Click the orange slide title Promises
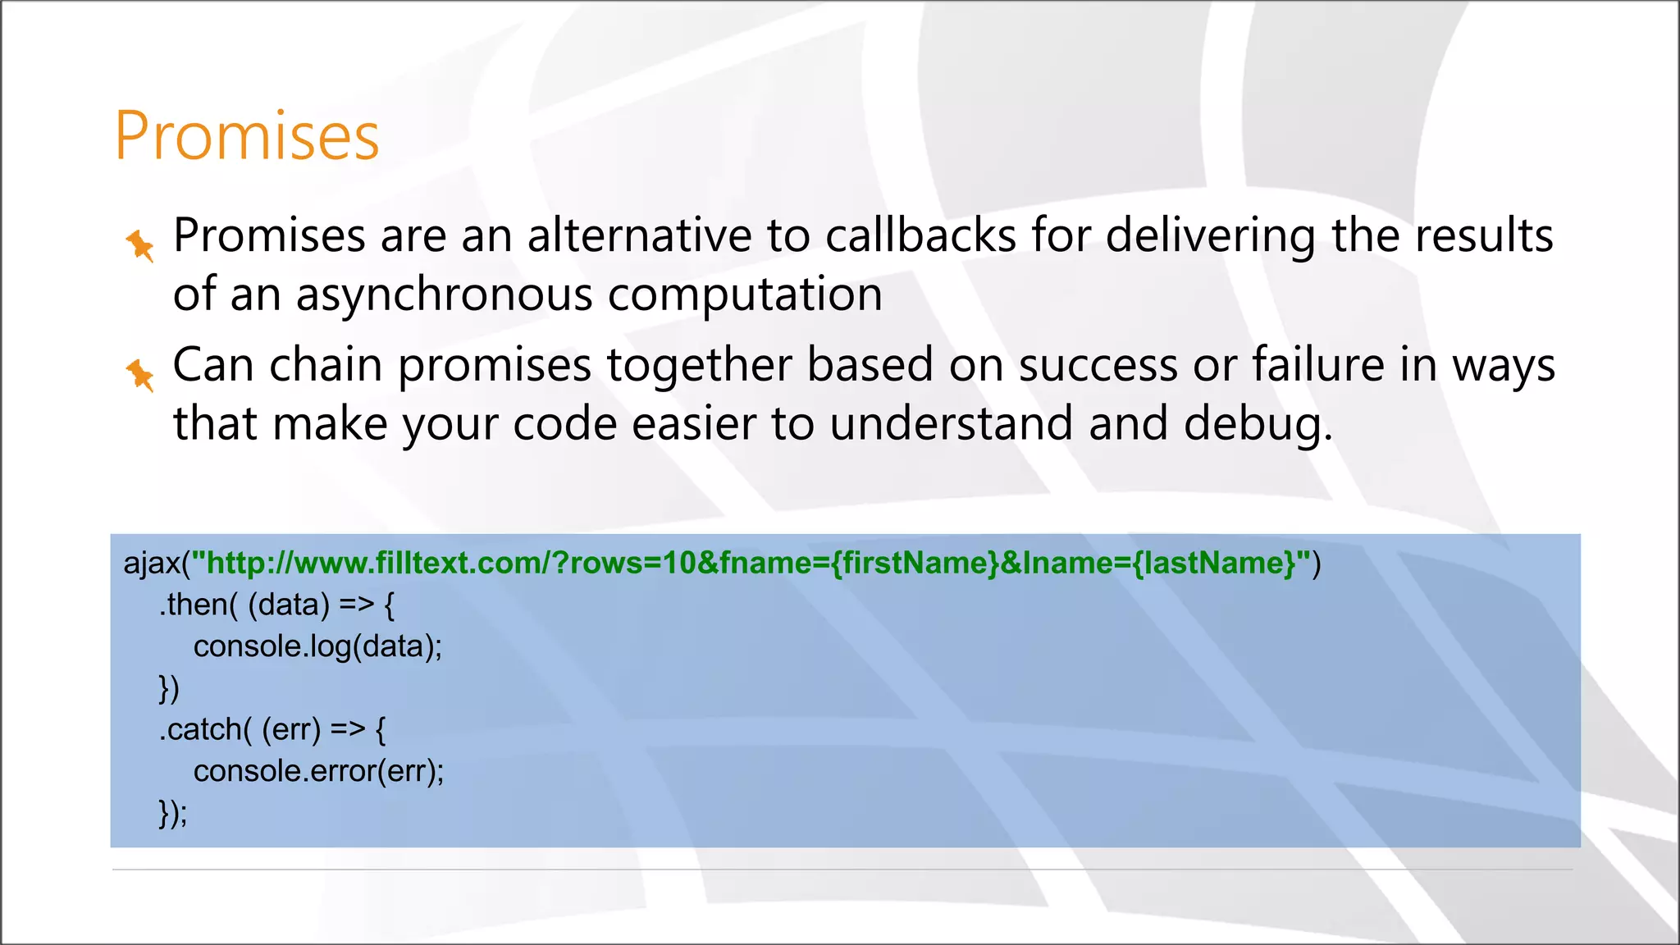[246, 135]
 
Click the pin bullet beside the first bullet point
[139, 245]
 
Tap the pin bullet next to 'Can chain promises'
[139, 375]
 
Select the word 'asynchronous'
[444, 295]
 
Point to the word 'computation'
[745, 295]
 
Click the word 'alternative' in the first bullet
[638, 236]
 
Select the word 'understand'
[951, 424]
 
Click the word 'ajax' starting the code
[152, 564]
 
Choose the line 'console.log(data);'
[317, 647]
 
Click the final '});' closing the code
[173, 814]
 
